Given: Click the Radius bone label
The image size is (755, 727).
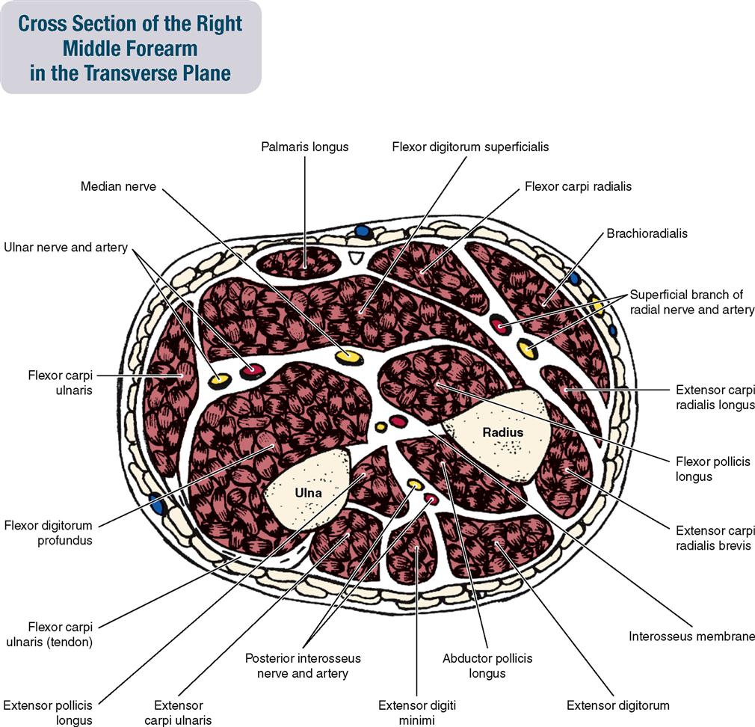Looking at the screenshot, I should click(x=502, y=432).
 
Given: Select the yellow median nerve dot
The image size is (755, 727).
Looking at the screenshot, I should click(x=347, y=357).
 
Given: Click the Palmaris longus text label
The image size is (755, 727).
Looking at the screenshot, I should click(x=304, y=147).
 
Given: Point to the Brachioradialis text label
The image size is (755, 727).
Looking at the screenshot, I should click(x=647, y=233).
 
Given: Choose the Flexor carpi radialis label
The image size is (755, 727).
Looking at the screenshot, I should click(x=578, y=186).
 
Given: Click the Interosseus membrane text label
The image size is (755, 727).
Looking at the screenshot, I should click(x=691, y=636).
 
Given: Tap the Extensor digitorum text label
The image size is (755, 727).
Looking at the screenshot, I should click(x=617, y=705).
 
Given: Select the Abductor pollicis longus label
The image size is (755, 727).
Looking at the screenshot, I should click(x=487, y=666).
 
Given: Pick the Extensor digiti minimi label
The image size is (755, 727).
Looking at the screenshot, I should click(x=416, y=712).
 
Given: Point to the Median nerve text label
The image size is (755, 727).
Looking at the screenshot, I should click(x=118, y=186).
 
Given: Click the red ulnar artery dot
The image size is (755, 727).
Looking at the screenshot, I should click(x=252, y=369).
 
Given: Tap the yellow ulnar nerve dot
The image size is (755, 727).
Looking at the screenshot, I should click(x=218, y=381).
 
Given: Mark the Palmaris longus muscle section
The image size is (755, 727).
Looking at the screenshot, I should click(x=299, y=262).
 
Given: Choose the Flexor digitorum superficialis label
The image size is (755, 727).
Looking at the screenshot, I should click(x=470, y=147).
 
